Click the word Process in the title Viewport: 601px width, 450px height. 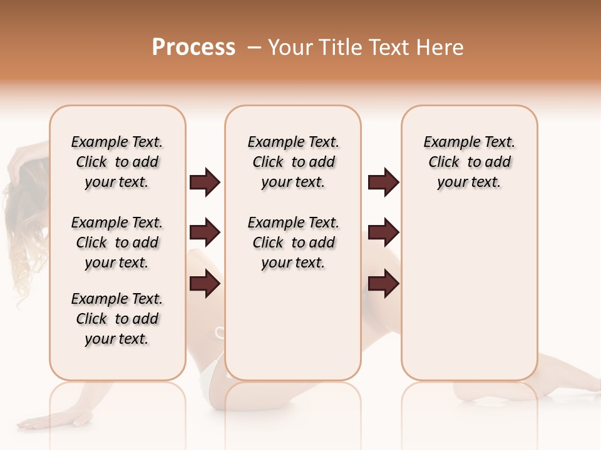point(193,47)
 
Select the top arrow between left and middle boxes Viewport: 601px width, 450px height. point(205,182)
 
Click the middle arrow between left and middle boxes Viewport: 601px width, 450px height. point(205,233)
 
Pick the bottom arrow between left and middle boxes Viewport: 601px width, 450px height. point(205,283)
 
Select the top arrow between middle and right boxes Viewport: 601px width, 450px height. point(383,182)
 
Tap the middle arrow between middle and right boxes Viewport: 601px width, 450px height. point(383,233)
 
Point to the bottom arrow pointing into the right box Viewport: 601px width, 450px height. point(383,283)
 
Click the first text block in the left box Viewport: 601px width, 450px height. point(117,162)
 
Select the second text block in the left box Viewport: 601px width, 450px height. point(117,242)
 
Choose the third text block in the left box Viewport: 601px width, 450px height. point(117,319)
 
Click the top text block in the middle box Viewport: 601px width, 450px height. point(293,162)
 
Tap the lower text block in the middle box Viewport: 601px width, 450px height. point(293,242)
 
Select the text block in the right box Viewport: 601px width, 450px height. point(469,162)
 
